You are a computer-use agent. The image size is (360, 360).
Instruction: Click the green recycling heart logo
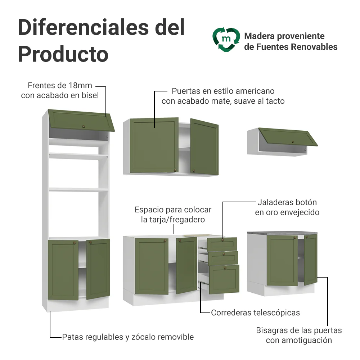pyautogui.click(x=226, y=40)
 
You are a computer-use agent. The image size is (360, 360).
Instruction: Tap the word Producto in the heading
pyautogui.click(x=63, y=54)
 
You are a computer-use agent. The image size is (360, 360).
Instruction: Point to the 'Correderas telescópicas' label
pyautogui.click(x=255, y=313)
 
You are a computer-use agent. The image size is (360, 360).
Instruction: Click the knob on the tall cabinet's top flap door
pyautogui.click(x=84, y=126)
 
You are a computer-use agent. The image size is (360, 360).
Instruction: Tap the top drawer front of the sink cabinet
pyautogui.click(x=222, y=244)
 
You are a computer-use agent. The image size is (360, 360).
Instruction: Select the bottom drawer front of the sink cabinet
pyautogui.click(x=224, y=279)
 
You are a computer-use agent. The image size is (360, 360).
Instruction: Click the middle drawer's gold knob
pyautogui.click(x=224, y=254)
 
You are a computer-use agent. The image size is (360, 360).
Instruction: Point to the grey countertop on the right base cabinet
pyautogui.click(x=282, y=233)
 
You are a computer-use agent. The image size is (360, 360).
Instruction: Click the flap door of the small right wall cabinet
pyautogui.click(x=288, y=137)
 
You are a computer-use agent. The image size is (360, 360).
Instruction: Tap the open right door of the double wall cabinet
pyautogui.click(x=204, y=147)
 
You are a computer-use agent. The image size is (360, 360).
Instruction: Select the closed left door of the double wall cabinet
pyautogui.click(x=154, y=145)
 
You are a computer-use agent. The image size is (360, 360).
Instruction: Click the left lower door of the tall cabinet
pyautogui.click(x=63, y=270)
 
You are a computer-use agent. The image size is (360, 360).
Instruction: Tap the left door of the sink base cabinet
pyautogui.click(x=152, y=266)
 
